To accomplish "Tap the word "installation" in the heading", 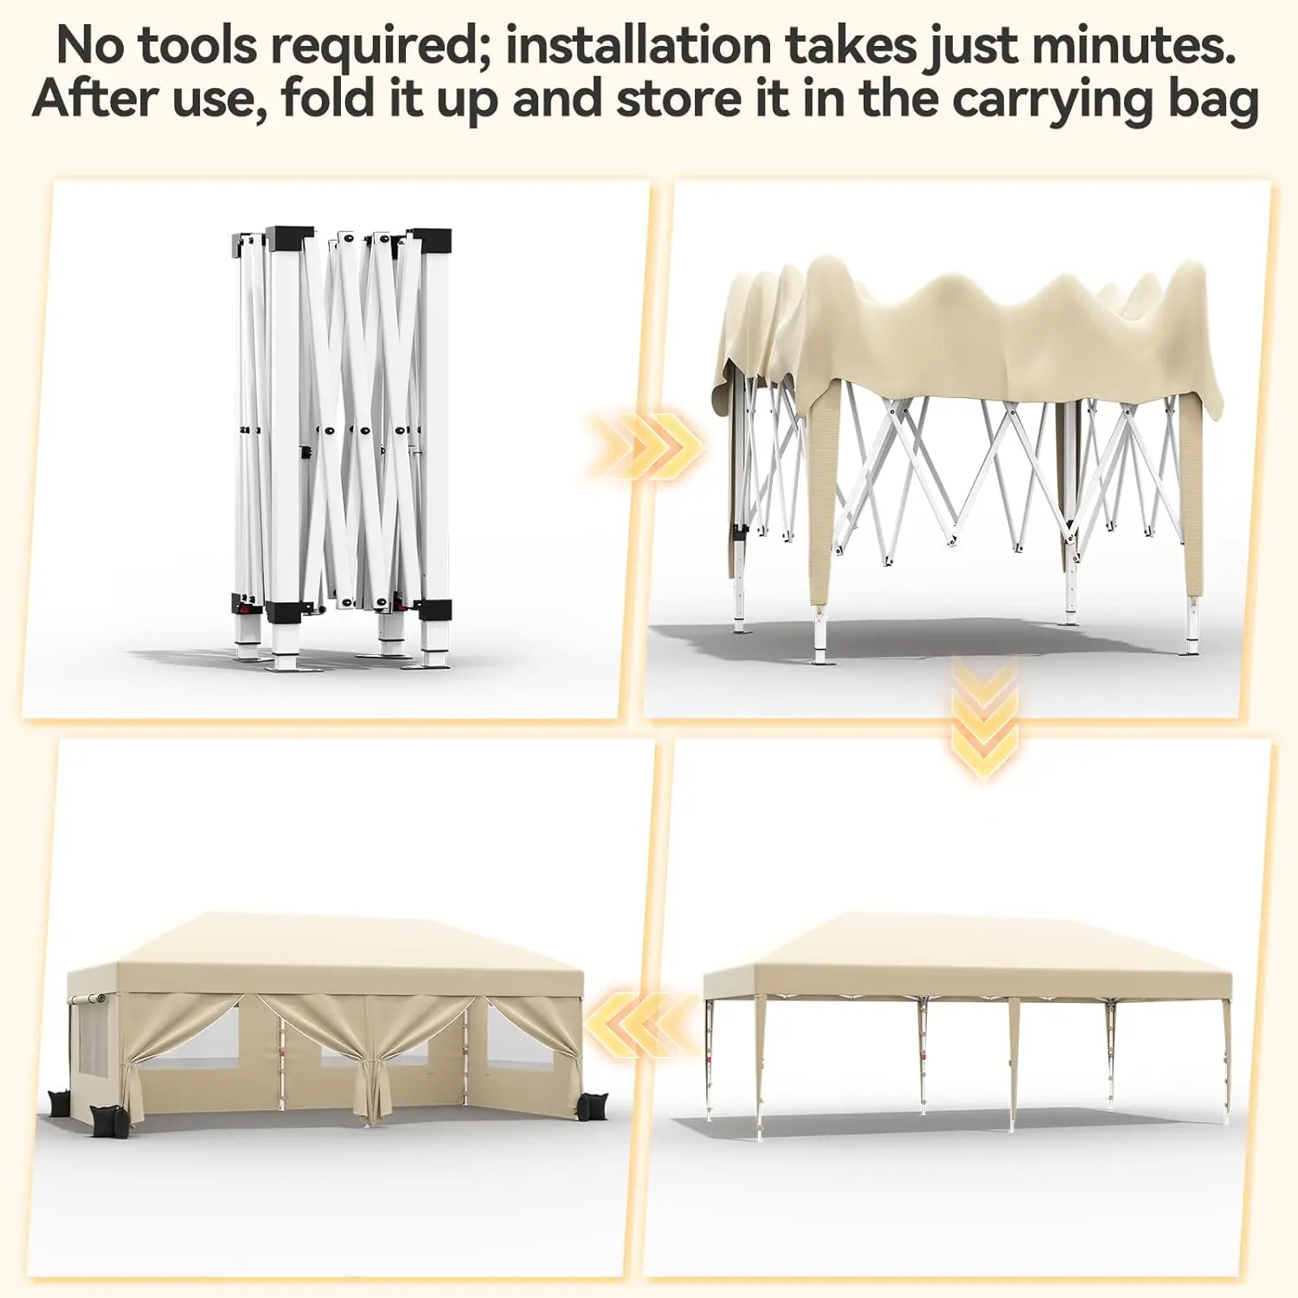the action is coord(638,46).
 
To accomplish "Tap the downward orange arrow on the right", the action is coord(984,718).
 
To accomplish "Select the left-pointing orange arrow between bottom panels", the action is coord(640,1025).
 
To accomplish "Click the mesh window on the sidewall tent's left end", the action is coord(93,1042).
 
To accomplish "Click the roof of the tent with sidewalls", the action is coord(324,952).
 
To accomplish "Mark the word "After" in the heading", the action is coord(94,99).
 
